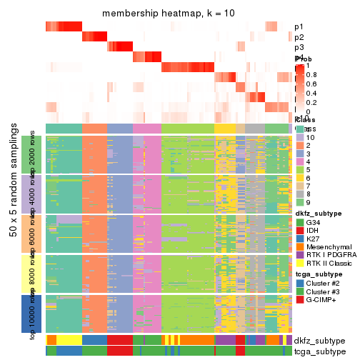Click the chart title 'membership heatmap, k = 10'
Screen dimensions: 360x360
click(168, 14)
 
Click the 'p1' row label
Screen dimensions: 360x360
click(299, 26)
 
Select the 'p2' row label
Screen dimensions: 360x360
click(299, 37)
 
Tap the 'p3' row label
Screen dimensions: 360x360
click(299, 47)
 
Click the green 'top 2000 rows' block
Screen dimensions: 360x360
click(31, 154)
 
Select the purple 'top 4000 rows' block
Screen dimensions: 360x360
click(31, 194)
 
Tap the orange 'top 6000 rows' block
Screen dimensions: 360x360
click(31, 234)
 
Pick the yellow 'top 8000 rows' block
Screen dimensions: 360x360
click(31, 274)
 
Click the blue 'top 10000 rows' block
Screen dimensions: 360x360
click(31, 314)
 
